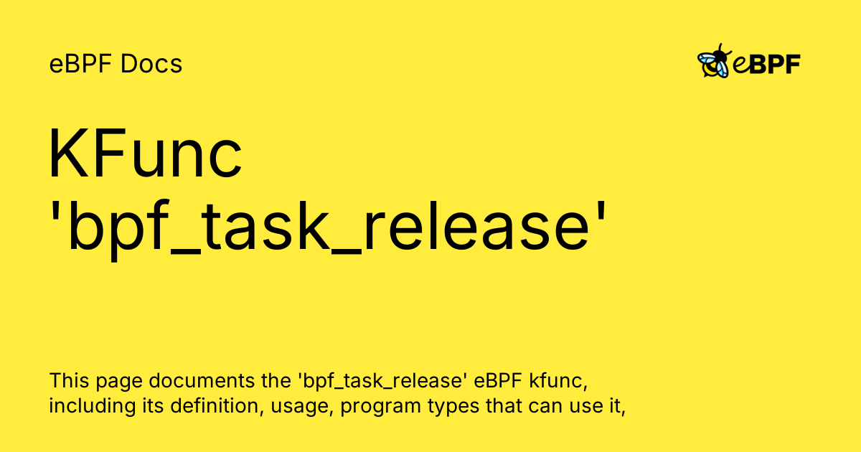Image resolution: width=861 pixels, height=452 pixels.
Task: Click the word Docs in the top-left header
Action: [151, 65]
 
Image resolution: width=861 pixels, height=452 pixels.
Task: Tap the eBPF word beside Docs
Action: [81, 65]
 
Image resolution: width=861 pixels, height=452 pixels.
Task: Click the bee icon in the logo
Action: [714, 62]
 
